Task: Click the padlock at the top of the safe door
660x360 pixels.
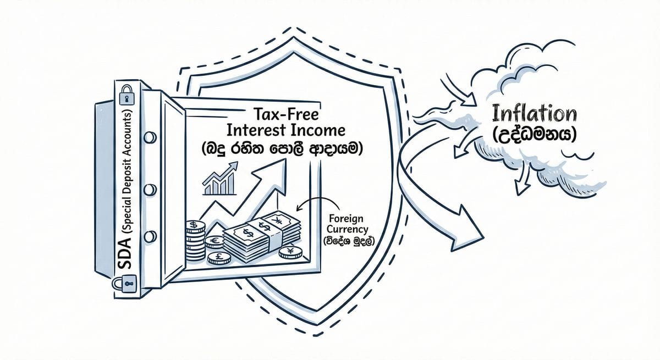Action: click(127, 95)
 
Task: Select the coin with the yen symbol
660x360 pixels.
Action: click(290, 253)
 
